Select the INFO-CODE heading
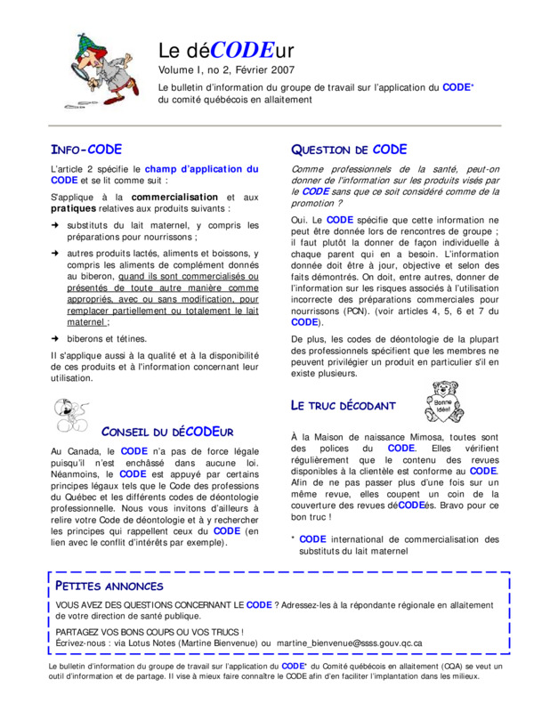86,150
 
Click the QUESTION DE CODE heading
349,150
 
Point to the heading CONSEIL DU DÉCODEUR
167,432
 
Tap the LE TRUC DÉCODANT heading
344,406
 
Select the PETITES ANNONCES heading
109,586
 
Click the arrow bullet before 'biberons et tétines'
55,338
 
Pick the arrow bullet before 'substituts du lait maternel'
55,226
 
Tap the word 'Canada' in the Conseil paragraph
84,451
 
